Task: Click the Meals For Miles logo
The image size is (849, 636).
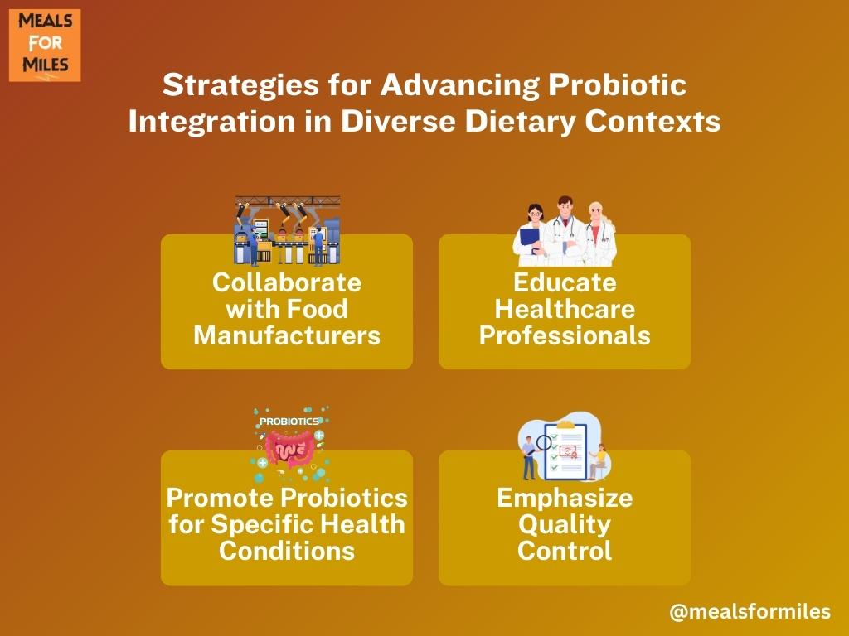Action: click(x=45, y=46)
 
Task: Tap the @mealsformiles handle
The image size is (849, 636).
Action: click(x=750, y=612)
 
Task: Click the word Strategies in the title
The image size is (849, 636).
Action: click(x=241, y=85)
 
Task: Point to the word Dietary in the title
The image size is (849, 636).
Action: click(x=521, y=121)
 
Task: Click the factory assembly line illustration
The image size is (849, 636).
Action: click(x=288, y=231)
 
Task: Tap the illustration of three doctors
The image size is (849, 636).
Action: click(x=565, y=231)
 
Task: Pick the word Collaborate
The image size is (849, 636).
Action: click(x=287, y=282)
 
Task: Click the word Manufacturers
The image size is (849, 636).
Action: click(x=287, y=335)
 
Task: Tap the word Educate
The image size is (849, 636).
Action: click(x=565, y=282)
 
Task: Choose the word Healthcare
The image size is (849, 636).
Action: click(x=565, y=309)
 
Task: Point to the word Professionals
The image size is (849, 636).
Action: click(x=565, y=335)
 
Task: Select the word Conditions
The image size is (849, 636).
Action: click(x=287, y=551)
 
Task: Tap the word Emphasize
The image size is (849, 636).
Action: click(x=565, y=498)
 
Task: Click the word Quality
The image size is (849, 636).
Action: click(x=565, y=524)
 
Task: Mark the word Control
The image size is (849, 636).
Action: click(x=565, y=551)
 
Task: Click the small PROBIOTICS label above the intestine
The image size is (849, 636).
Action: click(x=289, y=422)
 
